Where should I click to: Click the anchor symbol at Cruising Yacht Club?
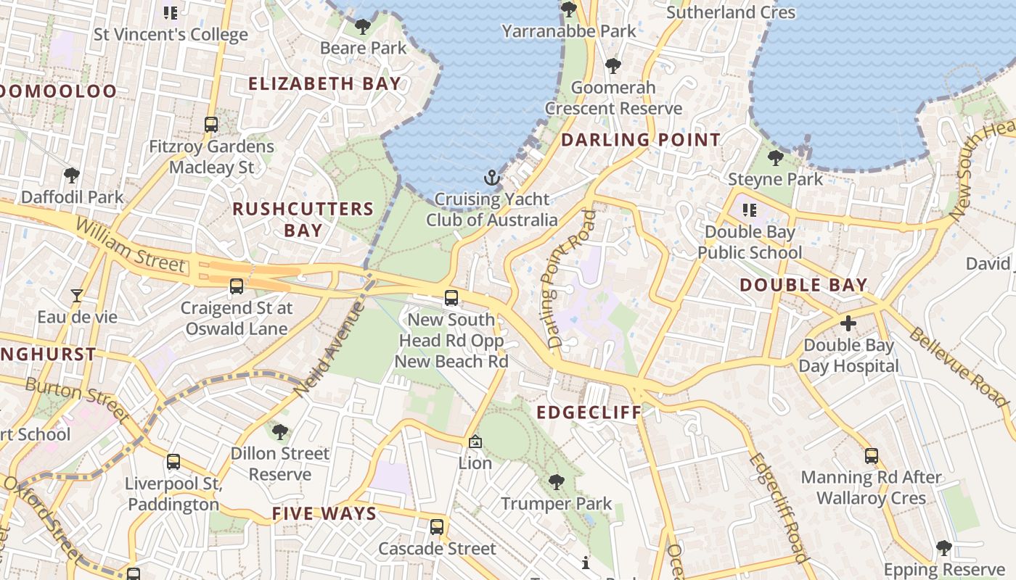[x=492, y=177]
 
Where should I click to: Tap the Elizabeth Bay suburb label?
[x=324, y=83]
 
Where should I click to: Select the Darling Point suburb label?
[x=641, y=140]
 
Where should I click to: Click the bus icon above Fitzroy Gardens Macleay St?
[x=211, y=124]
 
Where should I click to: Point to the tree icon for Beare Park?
[x=363, y=28]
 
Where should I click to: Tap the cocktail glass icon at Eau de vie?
[x=77, y=295]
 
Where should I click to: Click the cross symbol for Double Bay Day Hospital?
[x=848, y=323]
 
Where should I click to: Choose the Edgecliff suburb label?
[x=589, y=413]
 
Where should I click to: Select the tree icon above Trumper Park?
[x=557, y=481]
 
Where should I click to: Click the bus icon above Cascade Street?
[x=437, y=527]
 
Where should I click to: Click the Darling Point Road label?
[x=568, y=279]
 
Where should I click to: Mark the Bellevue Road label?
[x=959, y=368]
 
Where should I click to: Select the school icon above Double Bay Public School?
[x=750, y=210]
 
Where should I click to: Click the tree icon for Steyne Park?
[x=776, y=157]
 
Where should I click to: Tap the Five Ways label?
[x=324, y=514]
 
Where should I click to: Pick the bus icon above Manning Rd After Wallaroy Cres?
[x=872, y=456]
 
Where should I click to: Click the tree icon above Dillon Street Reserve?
[x=280, y=432]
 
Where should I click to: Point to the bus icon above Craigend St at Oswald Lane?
[x=237, y=286]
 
